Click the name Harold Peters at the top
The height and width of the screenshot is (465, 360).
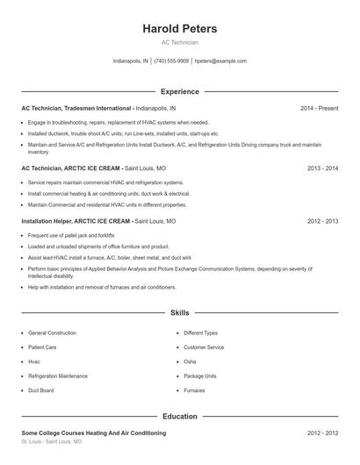[179, 29]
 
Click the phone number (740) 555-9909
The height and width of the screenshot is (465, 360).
[171, 61]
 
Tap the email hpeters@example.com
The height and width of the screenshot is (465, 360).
[220, 61]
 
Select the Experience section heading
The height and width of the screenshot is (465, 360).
[179, 91]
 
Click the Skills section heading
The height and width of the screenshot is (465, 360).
[179, 312]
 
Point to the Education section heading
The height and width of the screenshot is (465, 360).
[179, 417]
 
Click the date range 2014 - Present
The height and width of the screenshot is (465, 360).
[319, 108]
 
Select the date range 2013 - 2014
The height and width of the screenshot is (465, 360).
[322, 168]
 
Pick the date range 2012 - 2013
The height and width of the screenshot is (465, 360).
[322, 222]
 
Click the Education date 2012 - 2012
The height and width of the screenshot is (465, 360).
[322, 433]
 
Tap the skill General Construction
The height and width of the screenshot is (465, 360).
[52, 333]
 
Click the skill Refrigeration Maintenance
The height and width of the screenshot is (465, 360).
[57, 376]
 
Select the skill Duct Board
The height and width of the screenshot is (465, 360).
[41, 390]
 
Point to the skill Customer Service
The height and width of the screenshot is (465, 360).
[204, 347]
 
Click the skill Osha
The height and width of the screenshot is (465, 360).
[190, 361]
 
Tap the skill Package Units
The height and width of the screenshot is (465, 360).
[200, 376]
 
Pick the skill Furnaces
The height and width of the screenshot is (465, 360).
[194, 390]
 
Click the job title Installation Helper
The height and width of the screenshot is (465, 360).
[47, 222]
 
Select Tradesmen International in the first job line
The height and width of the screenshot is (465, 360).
[99, 108]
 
